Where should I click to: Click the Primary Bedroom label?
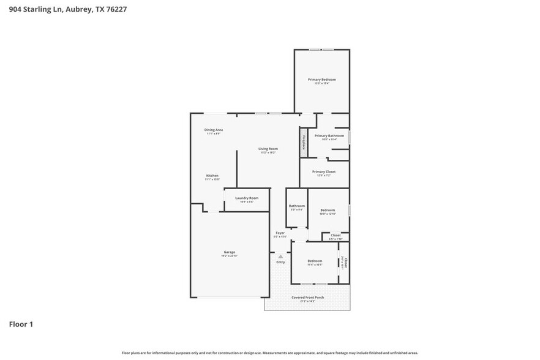tap(321, 80)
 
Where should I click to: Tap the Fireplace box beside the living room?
tap(302, 142)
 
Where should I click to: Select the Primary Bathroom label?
tap(329, 135)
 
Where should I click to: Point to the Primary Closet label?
tap(323, 172)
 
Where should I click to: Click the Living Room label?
tap(268, 149)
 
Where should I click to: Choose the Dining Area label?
tap(213, 130)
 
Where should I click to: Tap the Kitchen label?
tap(211, 176)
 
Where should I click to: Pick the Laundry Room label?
tap(246, 198)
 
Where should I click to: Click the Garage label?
tap(229, 252)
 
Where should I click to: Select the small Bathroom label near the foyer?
tap(297, 206)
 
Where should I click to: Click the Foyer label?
tap(280, 233)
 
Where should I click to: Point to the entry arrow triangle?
tap(280, 256)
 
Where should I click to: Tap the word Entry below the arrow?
tap(280, 262)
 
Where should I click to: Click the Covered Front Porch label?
tap(307, 298)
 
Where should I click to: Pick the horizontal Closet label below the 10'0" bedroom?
tap(336, 235)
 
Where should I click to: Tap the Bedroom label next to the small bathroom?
tap(328, 210)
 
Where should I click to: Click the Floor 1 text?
tap(20, 324)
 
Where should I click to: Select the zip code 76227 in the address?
tap(116, 9)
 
